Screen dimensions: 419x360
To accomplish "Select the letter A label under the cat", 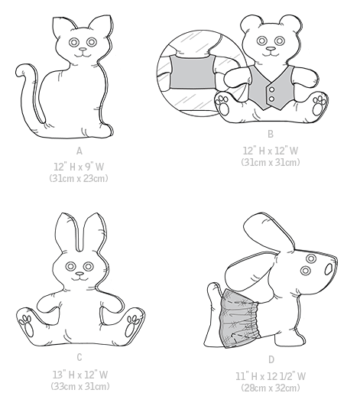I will [79, 151].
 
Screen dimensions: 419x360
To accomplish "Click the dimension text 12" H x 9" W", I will [79, 166].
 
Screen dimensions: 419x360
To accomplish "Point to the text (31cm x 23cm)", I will [79, 177].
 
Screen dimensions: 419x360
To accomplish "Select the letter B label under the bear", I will [270, 134].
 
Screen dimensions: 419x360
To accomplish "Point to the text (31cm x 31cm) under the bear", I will [270, 161].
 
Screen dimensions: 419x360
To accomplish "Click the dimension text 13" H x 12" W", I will [79, 375].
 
